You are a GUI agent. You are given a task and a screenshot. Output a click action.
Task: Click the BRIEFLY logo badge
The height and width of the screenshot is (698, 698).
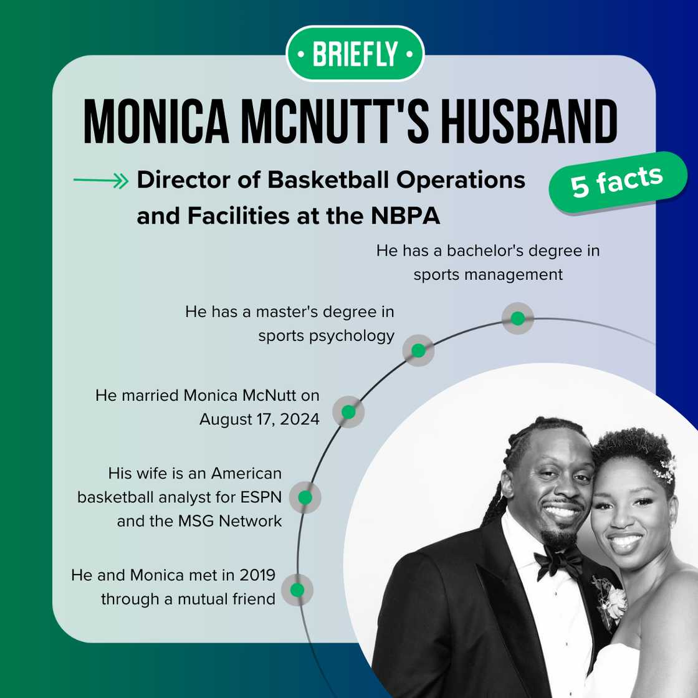click(355, 54)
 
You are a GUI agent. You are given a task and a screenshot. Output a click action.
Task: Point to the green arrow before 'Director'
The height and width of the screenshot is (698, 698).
click(100, 181)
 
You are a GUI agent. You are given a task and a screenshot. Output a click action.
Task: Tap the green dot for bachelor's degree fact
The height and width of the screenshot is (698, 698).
click(517, 318)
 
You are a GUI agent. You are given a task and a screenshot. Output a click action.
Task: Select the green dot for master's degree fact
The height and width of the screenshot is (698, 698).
click(418, 351)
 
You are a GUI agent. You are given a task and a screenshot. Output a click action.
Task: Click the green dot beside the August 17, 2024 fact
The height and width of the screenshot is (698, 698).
click(348, 412)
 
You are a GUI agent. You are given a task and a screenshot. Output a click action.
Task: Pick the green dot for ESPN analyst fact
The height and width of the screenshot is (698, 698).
click(305, 497)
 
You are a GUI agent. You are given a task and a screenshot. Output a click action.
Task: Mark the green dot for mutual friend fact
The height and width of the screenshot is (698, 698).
click(297, 589)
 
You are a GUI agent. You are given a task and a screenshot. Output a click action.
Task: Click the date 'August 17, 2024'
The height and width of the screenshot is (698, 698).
click(259, 419)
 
